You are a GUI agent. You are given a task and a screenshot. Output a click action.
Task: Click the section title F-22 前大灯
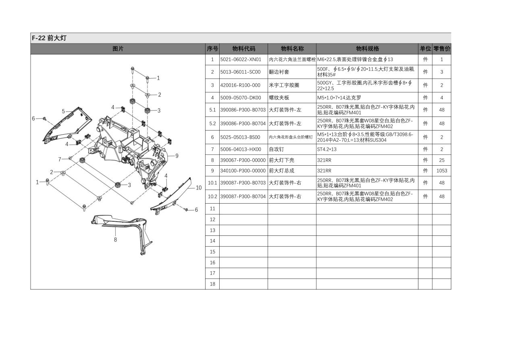[x=49, y=38]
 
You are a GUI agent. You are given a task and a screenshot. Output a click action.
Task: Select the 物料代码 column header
[x=243, y=49]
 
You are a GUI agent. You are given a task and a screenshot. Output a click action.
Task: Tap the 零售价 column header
[x=442, y=49]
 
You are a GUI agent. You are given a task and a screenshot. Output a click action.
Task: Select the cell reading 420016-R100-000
[x=240, y=85]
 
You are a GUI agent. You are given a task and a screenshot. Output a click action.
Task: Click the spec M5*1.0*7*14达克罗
[x=339, y=98]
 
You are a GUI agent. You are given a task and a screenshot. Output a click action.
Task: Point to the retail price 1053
[x=442, y=171]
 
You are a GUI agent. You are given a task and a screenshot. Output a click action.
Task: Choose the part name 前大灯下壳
[x=281, y=160]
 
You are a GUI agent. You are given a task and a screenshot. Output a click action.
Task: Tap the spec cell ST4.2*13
[x=327, y=149]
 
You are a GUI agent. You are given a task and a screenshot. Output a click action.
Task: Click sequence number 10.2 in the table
[x=212, y=197]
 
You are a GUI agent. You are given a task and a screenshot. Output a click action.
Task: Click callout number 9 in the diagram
[x=177, y=156]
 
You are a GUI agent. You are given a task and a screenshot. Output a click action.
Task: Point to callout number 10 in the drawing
[x=199, y=188]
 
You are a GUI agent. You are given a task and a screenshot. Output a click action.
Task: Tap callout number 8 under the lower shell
[x=115, y=239]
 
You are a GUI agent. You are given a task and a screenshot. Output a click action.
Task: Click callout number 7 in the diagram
[x=60, y=159]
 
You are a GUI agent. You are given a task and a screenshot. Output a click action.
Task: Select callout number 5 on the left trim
[x=63, y=111]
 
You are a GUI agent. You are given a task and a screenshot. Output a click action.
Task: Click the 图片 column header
[x=118, y=49]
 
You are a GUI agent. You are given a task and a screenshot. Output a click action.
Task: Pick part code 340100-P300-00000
[x=243, y=171]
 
